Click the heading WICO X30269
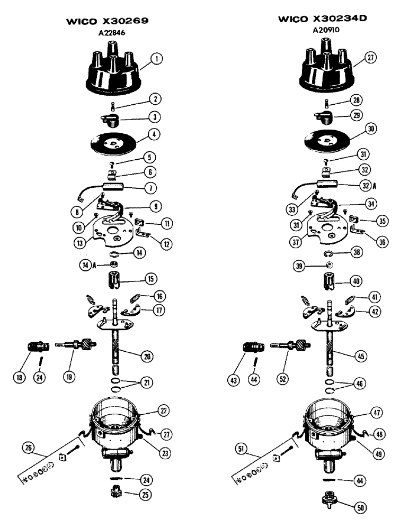[107, 22]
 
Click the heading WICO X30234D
[323, 20]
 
